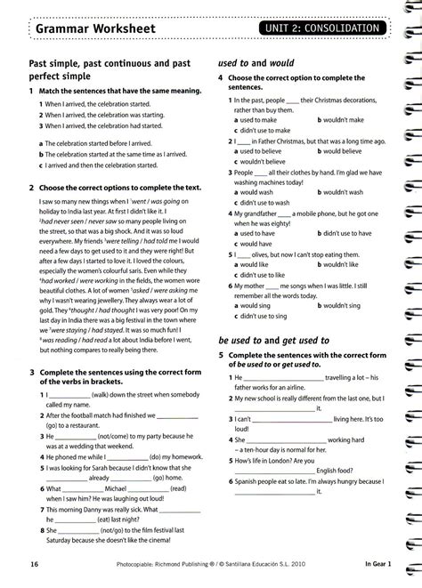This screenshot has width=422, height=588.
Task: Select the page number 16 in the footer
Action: (34, 564)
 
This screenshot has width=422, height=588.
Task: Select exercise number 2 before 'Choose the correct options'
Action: (32, 189)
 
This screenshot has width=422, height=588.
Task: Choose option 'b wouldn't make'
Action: (339, 119)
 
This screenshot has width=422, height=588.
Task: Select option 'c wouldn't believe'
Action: (264, 163)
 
